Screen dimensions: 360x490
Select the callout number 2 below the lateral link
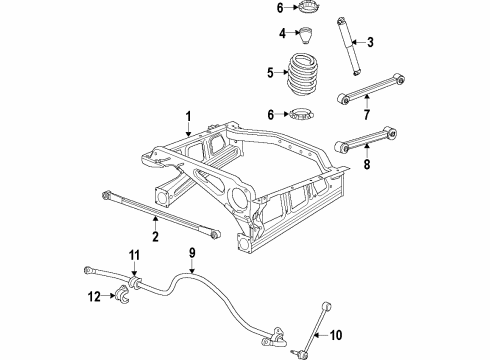coord(155,237)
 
